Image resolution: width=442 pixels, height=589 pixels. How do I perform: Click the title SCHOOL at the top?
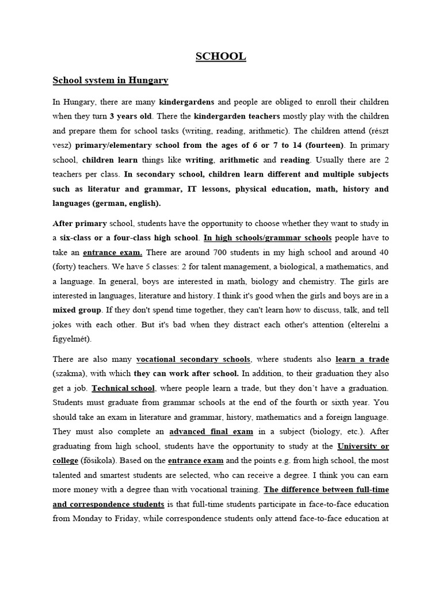click(220, 56)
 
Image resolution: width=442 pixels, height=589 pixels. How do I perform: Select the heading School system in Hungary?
click(110, 80)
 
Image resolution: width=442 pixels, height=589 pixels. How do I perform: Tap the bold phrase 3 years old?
click(131, 116)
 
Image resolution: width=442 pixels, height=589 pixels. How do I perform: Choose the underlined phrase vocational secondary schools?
click(193, 359)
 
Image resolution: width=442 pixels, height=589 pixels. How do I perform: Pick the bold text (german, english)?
click(130, 203)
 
